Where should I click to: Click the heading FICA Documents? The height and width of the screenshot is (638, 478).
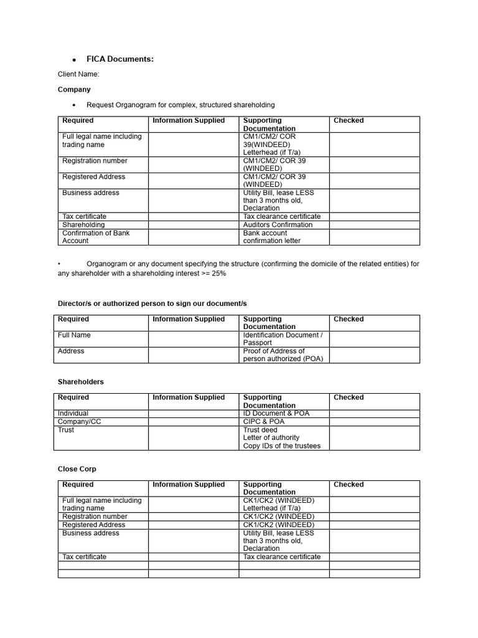tap(119, 59)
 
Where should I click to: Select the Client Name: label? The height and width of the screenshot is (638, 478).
tap(78, 75)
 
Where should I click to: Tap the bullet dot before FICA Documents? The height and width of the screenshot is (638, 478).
tap(74, 60)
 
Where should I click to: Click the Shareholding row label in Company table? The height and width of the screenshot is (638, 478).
tap(83, 225)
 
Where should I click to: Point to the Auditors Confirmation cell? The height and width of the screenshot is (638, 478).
tap(278, 225)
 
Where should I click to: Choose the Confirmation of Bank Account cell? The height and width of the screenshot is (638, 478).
tap(96, 237)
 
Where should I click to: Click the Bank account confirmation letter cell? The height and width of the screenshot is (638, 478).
tap(272, 237)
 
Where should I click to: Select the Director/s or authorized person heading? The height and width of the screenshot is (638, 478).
tap(152, 303)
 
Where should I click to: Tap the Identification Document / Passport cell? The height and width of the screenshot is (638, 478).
tap(283, 339)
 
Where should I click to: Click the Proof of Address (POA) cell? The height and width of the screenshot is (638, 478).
tap(283, 355)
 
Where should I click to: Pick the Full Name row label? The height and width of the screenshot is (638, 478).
tap(74, 335)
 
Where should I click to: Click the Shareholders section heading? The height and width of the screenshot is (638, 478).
tap(81, 382)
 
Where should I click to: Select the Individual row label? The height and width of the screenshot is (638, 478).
tap(73, 414)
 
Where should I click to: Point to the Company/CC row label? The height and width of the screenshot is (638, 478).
tap(79, 422)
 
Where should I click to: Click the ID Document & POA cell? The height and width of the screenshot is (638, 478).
tap(276, 414)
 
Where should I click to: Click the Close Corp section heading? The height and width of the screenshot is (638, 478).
tap(77, 469)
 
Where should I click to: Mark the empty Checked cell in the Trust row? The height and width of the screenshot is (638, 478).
tap(374, 438)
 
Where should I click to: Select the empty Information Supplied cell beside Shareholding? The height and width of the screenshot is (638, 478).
tap(193, 225)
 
